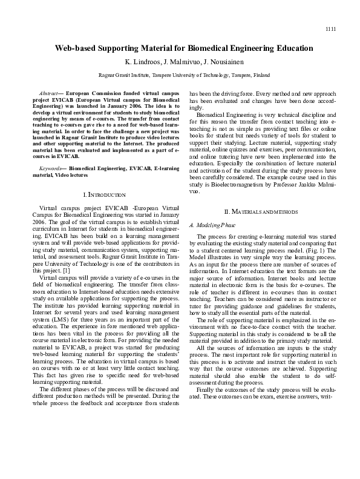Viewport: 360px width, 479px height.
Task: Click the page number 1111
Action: [x=330, y=29]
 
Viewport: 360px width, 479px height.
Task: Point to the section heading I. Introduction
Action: [x=103, y=195]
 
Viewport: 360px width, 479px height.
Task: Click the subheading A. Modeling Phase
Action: [x=212, y=225]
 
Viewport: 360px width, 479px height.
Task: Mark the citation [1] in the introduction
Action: [x=67, y=271]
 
